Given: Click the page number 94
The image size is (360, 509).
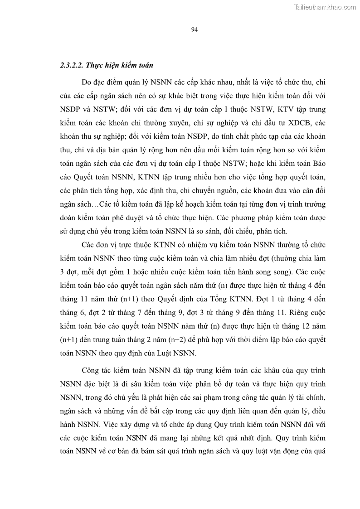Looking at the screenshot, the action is coord(194,30).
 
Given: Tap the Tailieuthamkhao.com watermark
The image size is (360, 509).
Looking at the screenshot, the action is coord(325,7).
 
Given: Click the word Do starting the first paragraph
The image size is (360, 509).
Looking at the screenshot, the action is coord(87,83).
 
